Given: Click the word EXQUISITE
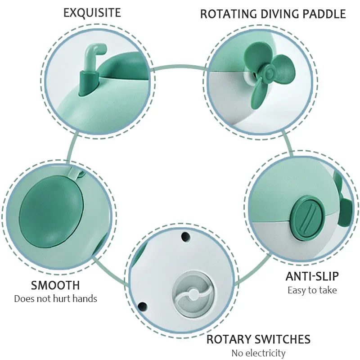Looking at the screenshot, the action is (x=92, y=12).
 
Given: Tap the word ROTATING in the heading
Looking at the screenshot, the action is (x=228, y=14).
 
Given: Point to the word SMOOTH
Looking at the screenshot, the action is (x=55, y=285).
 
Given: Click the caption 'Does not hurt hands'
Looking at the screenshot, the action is (x=55, y=299).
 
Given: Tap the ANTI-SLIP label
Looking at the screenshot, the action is (x=312, y=276).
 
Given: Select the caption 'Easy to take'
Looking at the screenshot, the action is (x=312, y=290).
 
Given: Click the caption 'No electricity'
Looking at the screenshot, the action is (x=258, y=353).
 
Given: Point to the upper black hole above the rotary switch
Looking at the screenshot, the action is (x=183, y=235).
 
